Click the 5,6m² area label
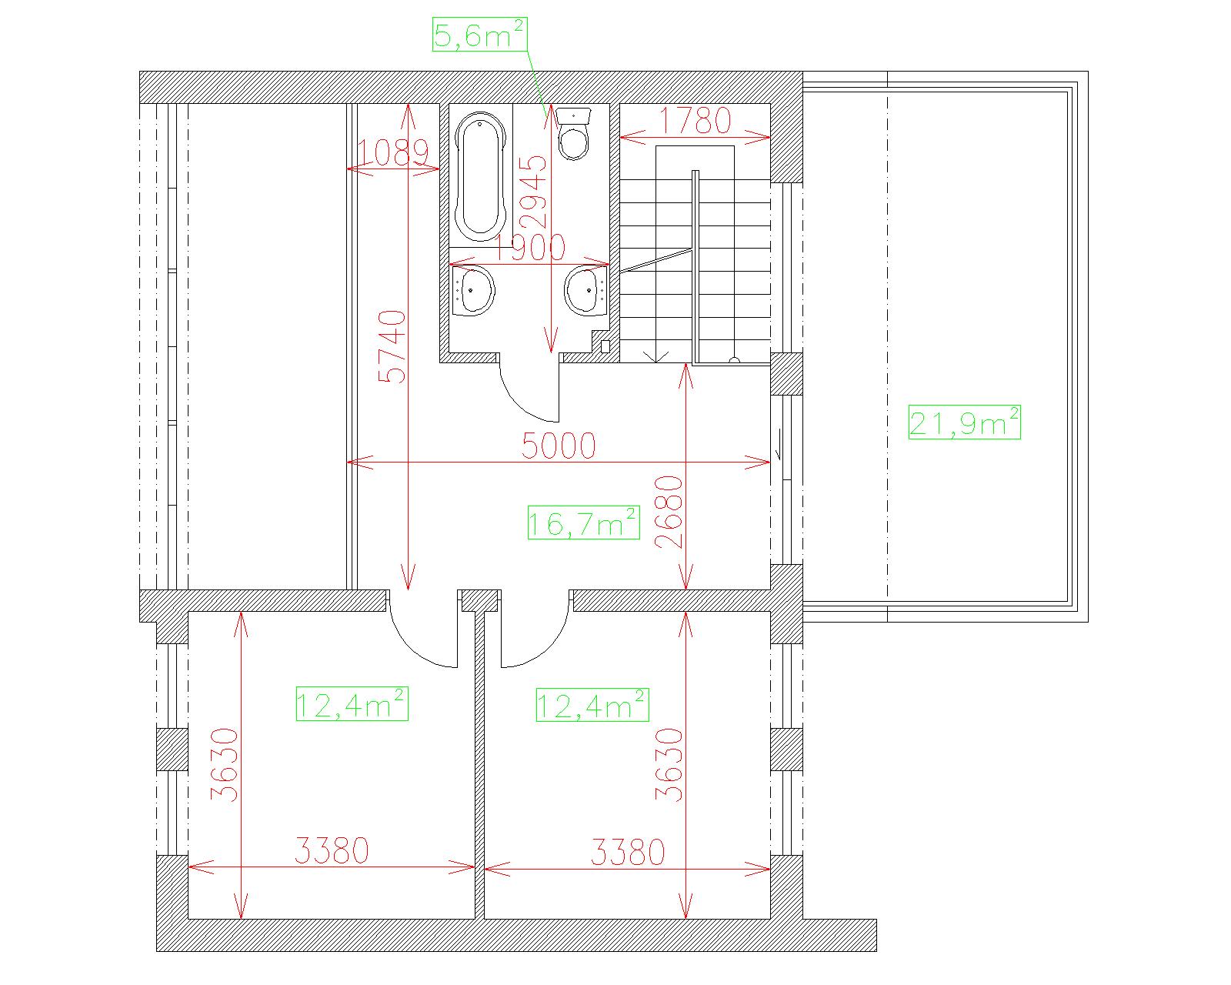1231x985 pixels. coord(479,35)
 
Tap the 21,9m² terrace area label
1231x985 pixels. coord(964,422)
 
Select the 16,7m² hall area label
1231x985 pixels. coord(583,522)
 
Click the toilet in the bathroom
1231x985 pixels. coord(573,133)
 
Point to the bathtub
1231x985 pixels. coord(481,176)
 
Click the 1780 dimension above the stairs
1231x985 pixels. coord(695,120)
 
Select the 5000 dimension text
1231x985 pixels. coord(559,446)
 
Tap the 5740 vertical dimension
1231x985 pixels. coord(393,346)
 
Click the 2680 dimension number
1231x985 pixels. coord(669,513)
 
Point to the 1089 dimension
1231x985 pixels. coord(393,153)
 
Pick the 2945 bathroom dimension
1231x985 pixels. coord(535,192)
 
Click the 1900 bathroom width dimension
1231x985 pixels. coord(529,247)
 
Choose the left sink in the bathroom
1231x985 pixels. coord(472,292)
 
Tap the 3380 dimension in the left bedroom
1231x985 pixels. coord(332,851)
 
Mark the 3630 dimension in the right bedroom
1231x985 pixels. coord(669,765)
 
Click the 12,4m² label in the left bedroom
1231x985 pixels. coord(352,703)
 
